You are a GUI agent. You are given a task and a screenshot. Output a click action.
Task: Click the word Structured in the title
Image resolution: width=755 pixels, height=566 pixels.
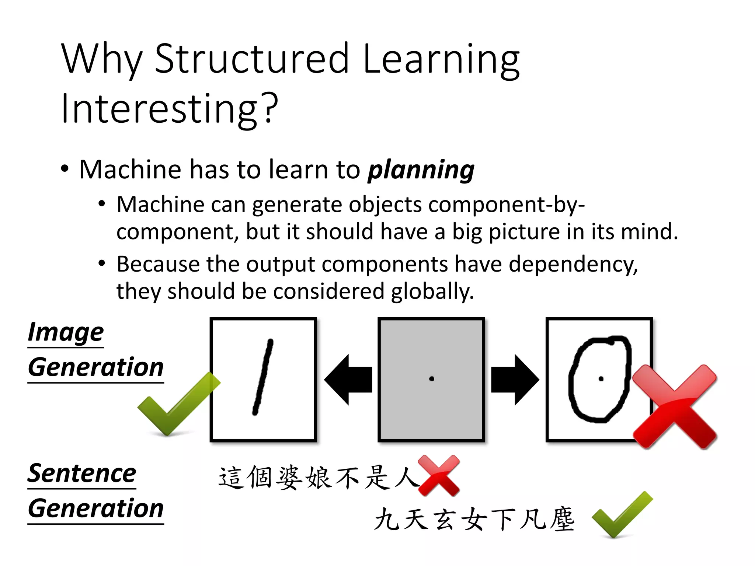(251, 59)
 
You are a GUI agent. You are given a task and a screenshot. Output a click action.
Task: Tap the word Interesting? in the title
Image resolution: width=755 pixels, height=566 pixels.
(170, 109)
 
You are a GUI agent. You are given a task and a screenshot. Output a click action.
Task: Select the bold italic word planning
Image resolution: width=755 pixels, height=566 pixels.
(421, 170)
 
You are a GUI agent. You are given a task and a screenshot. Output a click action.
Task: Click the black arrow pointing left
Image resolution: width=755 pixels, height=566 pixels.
(348, 380)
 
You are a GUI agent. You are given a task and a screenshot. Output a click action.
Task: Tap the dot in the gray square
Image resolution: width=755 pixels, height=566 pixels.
(432, 379)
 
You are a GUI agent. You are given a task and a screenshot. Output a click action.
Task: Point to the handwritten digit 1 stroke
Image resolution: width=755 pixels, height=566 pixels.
(262, 378)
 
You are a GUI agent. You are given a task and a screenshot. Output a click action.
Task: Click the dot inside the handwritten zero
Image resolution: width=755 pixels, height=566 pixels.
(601, 379)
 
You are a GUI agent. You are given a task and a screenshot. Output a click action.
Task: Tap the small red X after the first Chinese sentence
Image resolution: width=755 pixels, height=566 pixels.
(439, 475)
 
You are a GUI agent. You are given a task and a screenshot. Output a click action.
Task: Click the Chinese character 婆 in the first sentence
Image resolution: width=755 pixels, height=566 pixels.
(291, 478)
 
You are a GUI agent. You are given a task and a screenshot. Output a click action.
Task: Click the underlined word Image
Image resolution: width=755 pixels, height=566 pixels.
(66, 332)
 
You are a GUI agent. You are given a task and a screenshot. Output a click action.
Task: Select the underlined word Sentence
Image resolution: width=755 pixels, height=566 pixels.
(82, 474)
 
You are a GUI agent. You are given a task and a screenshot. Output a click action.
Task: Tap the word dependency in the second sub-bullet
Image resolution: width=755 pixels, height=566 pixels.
(573, 265)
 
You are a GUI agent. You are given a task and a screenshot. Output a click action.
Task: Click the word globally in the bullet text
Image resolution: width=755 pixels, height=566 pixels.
(432, 291)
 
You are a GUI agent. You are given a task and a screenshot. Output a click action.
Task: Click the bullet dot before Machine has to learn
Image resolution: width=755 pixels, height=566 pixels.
(65, 169)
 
